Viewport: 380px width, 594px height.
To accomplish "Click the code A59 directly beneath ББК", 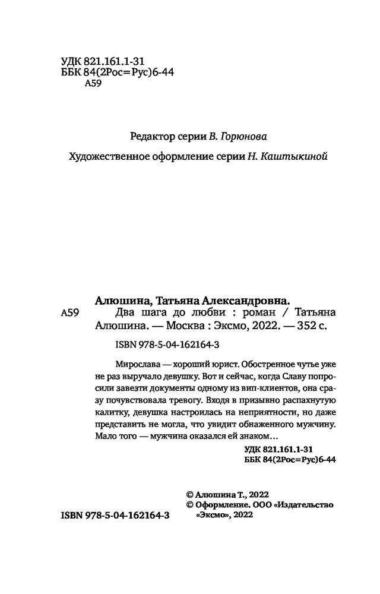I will tap(94, 84).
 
